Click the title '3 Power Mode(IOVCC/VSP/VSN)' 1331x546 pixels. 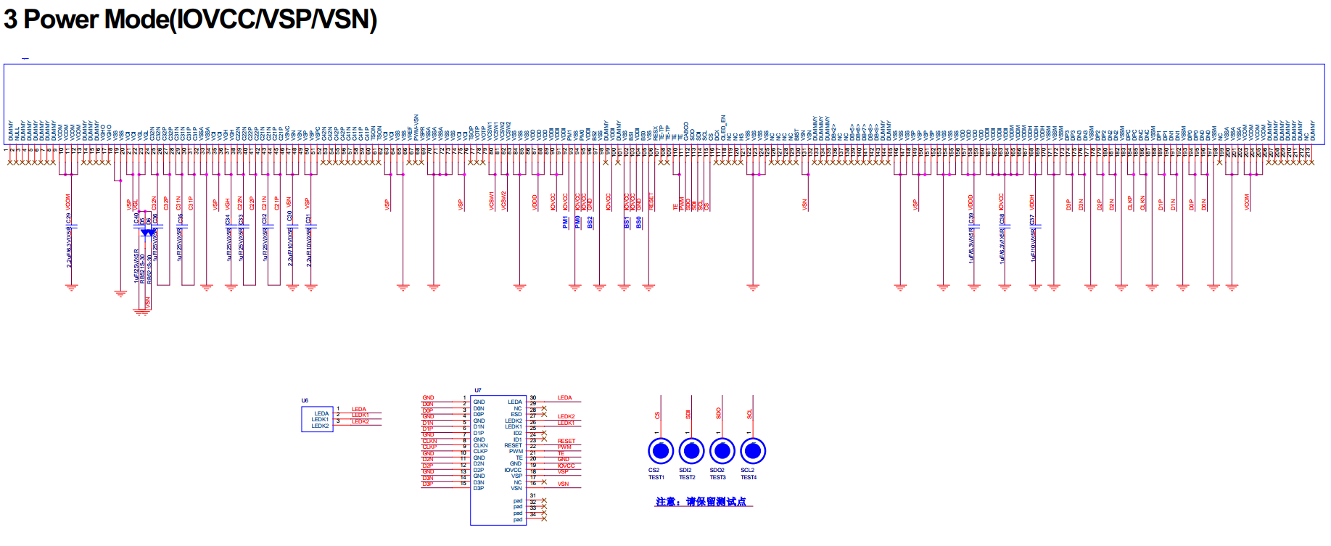190,20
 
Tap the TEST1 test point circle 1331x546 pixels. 660,451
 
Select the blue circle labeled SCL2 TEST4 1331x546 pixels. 753,451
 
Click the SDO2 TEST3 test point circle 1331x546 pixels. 722,451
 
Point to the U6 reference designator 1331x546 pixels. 305,400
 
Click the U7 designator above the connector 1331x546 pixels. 477,391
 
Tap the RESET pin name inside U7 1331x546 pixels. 513,445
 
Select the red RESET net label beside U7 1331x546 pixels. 566,441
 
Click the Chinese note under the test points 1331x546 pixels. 701,502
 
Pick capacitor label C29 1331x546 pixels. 69,218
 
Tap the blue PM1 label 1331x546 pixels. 565,222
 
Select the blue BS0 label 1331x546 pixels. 638,223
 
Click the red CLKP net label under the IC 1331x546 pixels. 1130,203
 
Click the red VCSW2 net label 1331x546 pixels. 503,201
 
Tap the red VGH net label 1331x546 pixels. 227,204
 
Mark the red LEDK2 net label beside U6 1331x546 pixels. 360,421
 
